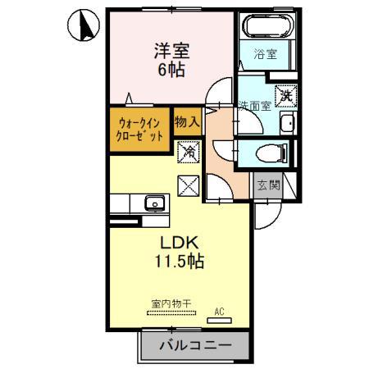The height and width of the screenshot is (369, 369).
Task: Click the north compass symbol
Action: (x=84, y=25)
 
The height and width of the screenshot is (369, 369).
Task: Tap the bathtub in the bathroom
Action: (x=267, y=26)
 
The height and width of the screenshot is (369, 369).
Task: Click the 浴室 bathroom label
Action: (x=265, y=54)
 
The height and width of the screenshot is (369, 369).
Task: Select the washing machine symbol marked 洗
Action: (x=286, y=96)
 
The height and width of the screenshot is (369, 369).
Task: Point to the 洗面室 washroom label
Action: (x=254, y=106)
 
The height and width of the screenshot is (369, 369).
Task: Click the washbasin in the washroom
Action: (x=288, y=123)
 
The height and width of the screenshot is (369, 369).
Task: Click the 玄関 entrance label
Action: (x=269, y=185)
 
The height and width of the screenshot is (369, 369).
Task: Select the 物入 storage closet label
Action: (x=188, y=121)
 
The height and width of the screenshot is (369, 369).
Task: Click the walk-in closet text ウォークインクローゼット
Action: (x=139, y=130)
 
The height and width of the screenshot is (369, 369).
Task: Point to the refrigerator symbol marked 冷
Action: (x=189, y=152)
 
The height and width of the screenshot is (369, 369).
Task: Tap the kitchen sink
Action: (x=155, y=203)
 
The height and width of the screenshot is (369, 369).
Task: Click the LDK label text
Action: (x=179, y=243)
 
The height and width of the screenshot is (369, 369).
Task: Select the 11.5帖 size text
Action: (x=180, y=262)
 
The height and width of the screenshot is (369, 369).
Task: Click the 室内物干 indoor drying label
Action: (x=171, y=303)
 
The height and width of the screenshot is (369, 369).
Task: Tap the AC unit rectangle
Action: (x=219, y=321)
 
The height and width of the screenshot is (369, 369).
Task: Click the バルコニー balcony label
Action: (x=195, y=345)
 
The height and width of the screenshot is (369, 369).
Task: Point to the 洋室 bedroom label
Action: (x=171, y=51)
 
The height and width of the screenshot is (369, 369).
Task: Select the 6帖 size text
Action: (x=171, y=70)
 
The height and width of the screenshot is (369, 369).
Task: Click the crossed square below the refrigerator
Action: (x=189, y=186)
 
